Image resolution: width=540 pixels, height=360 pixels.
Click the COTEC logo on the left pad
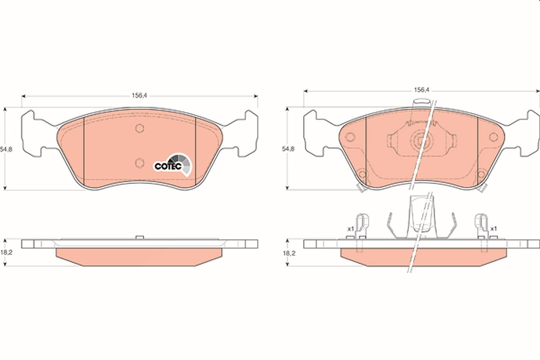pyautogui.click(x=173, y=164)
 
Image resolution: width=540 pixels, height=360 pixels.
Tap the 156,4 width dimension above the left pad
pyautogui.click(x=139, y=96)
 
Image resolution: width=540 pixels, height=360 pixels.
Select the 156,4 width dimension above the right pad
pyautogui.click(x=422, y=90)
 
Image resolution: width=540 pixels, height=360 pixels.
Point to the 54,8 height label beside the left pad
pyautogui.click(x=6, y=149)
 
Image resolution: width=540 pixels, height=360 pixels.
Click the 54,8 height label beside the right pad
pyautogui.click(x=288, y=149)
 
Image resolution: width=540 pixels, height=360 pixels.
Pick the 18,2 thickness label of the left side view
pyautogui.click(x=6, y=252)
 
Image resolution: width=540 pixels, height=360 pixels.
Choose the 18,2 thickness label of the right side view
pyautogui.click(x=289, y=253)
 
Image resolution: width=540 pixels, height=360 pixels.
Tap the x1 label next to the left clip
pyautogui.click(x=350, y=229)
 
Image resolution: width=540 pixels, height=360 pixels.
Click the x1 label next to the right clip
pyautogui.click(x=494, y=228)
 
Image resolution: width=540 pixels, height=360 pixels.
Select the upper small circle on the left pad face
pyautogui.click(x=139, y=128)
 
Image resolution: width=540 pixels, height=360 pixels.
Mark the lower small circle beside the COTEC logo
pyautogui.click(x=139, y=163)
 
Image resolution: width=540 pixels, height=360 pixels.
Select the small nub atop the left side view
pyautogui.click(x=139, y=237)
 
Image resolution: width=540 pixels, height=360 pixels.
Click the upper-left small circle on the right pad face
pyautogui.click(x=350, y=137)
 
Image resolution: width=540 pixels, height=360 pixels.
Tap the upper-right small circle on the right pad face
pyautogui.click(x=494, y=137)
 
